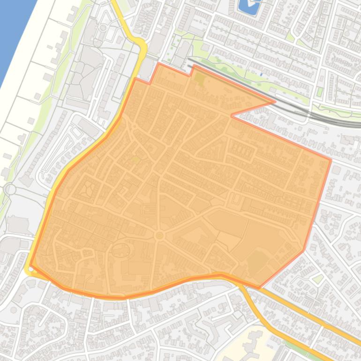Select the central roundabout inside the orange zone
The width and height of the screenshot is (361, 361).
(159, 235)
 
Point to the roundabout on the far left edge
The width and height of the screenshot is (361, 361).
(9, 189)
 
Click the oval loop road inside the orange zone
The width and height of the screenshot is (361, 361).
(120, 250)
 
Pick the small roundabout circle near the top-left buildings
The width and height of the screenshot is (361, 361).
(103, 28)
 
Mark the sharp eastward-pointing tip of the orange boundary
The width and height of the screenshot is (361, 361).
(274, 101)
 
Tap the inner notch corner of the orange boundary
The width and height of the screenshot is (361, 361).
(231, 115)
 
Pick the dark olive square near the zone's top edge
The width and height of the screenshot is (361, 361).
(200, 78)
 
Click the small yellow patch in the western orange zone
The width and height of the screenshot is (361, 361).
(135, 160)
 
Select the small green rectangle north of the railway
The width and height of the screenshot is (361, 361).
(320, 91)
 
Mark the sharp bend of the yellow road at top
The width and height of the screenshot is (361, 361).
(143, 47)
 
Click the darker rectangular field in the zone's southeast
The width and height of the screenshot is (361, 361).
(256, 263)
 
